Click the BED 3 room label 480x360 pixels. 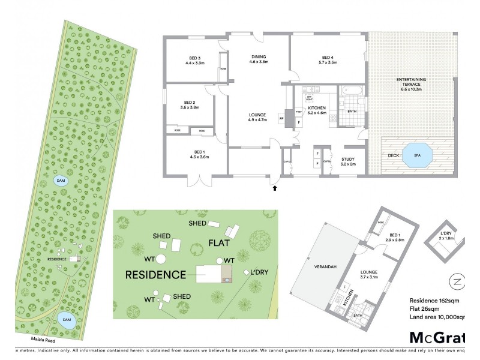coord(195,59)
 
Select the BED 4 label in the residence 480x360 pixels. coord(328,59)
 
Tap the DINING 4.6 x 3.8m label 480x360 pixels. coord(259,59)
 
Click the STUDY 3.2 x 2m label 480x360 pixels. coord(348,161)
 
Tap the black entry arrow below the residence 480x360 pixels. coord(275,188)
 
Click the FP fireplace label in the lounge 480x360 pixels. coord(281,119)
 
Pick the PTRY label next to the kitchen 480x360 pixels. coord(298,110)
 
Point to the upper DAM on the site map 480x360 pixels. coord(61,180)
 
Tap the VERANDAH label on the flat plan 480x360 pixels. coord(317,262)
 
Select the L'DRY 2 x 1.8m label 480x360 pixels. coord(445,235)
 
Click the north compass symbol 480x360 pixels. coord(457,281)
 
